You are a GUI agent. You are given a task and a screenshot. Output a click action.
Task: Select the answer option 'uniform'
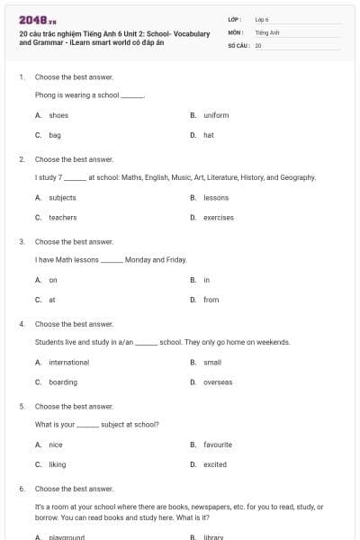click(216, 115)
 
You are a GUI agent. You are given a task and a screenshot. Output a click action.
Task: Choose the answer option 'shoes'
click(58, 115)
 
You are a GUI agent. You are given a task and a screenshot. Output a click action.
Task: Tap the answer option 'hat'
click(208, 135)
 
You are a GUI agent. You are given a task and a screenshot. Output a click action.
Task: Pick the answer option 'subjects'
click(62, 197)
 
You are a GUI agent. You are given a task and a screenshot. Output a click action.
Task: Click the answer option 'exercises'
click(218, 217)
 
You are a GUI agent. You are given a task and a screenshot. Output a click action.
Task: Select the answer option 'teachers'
click(62, 217)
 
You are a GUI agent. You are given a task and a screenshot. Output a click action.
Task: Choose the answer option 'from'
click(211, 300)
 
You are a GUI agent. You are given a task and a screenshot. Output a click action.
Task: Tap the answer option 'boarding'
click(63, 382)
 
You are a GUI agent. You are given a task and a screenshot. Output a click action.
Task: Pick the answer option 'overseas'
click(218, 382)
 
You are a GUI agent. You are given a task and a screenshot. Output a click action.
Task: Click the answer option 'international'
click(68, 362)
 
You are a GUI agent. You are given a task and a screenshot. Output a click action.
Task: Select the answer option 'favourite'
click(218, 445)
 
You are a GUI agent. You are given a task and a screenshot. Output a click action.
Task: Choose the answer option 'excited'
click(215, 464)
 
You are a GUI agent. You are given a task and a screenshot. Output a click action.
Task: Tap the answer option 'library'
click(213, 537)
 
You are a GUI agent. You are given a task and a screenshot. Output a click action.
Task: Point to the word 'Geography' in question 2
click(298, 177)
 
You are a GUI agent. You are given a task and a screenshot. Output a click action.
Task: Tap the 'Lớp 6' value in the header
click(262, 19)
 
